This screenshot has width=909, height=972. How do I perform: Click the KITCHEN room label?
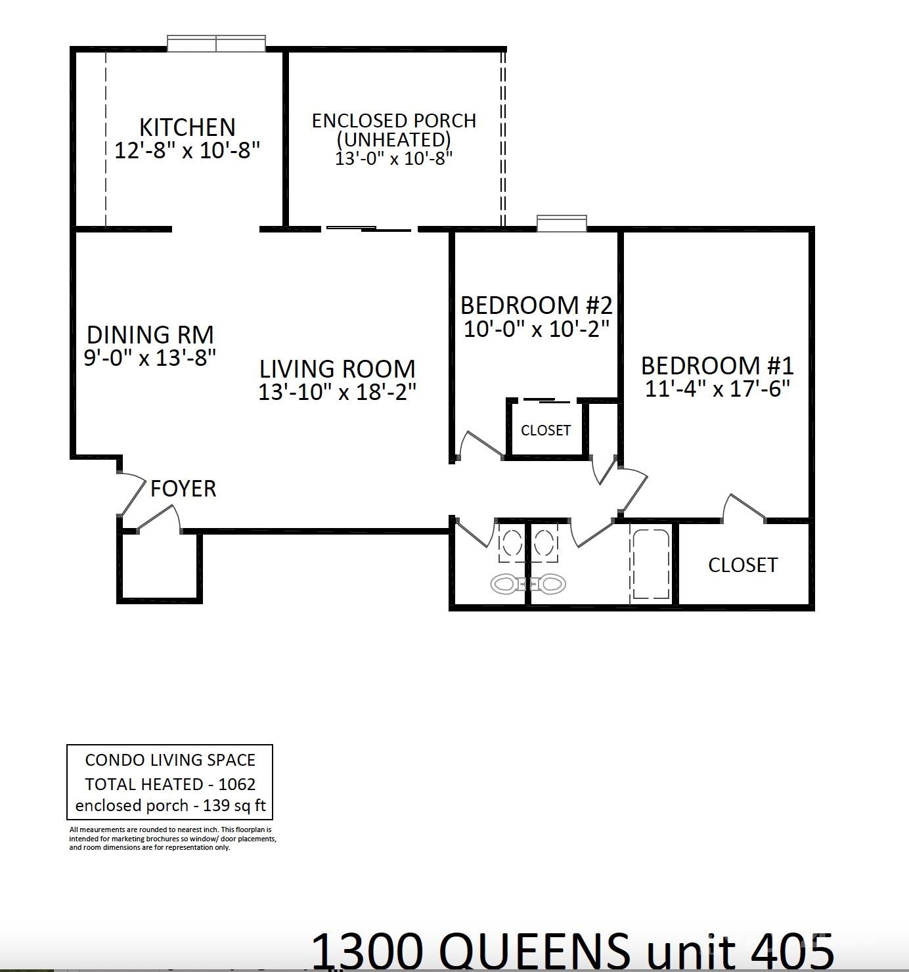coord(187,127)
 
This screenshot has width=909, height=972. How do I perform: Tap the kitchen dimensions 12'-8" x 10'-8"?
coord(187,150)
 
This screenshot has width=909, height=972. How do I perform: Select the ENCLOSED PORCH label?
coord(394,121)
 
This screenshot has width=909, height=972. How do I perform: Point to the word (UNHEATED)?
coord(394,139)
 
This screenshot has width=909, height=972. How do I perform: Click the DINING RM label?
coord(150,335)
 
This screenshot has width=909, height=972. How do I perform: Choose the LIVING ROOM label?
coord(337,368)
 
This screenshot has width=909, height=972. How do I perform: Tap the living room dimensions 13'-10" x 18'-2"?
coord(337,392)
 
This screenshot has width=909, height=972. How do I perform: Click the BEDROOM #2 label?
coord(536,305)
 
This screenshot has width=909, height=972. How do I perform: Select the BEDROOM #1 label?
coord(717,365)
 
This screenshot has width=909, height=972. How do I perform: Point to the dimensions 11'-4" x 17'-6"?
coord(717,389)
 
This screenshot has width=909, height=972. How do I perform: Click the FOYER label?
coord(183,489)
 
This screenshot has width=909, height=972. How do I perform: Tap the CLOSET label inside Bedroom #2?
coord(545,431)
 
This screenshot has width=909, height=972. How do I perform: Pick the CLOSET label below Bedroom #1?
coord(743,565)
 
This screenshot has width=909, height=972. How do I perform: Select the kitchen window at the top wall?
coord(216,44)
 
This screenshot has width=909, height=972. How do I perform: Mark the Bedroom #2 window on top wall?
coord(562,223)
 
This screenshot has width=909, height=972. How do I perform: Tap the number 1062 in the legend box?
coord(236,784)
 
